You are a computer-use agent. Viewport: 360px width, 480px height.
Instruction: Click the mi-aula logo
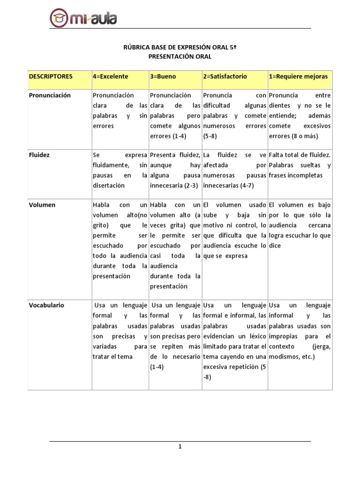point(83,19)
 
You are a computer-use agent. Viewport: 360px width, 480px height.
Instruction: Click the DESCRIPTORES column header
point(51,76)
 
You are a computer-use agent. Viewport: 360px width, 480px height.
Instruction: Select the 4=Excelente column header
point(111,76)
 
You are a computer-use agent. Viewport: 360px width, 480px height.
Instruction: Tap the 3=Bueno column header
point(163,76)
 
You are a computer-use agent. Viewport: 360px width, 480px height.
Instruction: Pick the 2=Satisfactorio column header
point(225,76)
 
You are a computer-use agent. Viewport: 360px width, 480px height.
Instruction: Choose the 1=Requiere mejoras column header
point(298,76)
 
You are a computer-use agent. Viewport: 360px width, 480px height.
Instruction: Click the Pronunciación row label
point(50,95)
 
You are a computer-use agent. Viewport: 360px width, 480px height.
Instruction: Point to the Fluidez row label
point(39,154)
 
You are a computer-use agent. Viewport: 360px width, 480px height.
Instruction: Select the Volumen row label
point(42,205)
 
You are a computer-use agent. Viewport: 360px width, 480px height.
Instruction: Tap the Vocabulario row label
point(46,305)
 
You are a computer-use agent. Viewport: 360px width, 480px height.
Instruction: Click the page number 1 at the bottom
point(180,447)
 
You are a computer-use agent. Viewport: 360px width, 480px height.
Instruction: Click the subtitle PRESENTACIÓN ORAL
point(180,56)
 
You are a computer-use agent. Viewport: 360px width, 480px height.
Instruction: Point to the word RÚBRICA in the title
point(135,47)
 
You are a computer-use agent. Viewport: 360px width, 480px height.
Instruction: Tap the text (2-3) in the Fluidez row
point(191,185)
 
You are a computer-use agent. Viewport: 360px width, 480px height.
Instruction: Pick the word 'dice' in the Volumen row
point(275,246)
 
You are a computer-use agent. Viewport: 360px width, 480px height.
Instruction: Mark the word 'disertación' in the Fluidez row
point(109,185)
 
